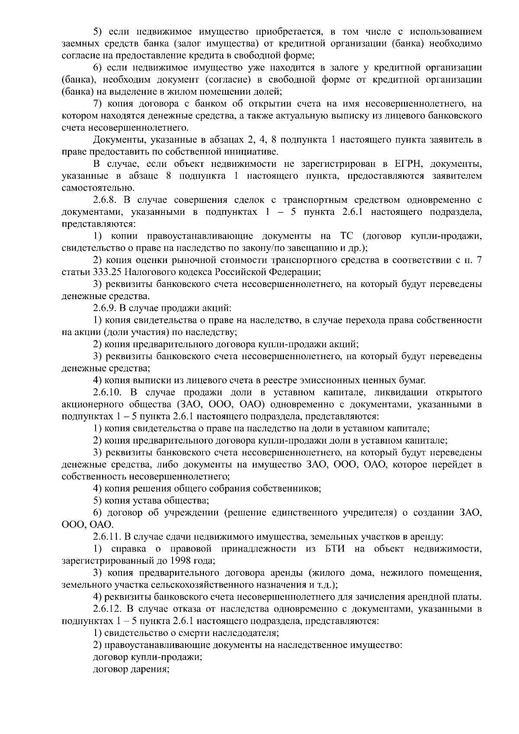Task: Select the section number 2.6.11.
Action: coord(107,537)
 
